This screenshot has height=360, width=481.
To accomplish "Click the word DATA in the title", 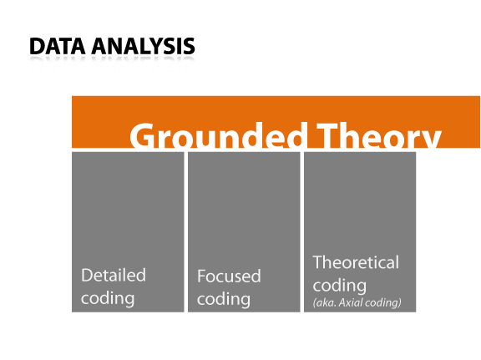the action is coord(58,46).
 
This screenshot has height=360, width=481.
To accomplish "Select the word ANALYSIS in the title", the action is coord(143,46).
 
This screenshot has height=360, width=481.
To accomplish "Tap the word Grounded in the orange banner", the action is coord(219,135).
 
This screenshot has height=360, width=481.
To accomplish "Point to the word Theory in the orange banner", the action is coord(379,135).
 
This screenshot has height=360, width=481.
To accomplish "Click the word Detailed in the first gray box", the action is coord(114,275).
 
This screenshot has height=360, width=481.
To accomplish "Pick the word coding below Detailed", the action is coord(108,298).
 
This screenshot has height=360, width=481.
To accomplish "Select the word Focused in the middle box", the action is coord(229,276).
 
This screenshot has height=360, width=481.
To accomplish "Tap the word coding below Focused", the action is coord(224,299).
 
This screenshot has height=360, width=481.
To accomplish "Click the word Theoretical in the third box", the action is coord(356,262).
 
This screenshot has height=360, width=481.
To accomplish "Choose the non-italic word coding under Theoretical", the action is coord(340,286).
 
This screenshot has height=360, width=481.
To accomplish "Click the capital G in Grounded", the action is coord(141,135).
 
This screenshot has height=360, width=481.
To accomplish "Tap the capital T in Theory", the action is coord(327,135).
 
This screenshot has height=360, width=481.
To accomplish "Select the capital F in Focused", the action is coord(201,276).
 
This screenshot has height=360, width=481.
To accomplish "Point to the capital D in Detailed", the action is coord(87,275).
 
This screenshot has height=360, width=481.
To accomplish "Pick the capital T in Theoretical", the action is coord(318,263).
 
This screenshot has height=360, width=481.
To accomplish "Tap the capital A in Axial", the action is coord(342,302).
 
